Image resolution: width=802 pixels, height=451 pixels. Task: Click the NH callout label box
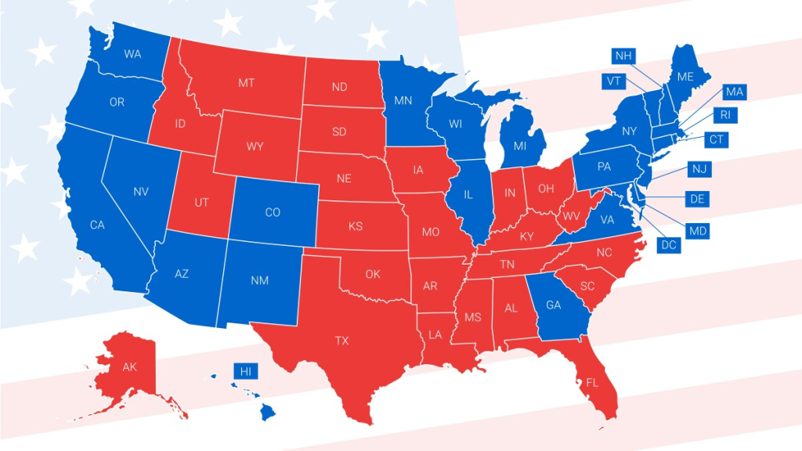(623, 56)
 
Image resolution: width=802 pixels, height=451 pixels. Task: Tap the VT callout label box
(613, 81)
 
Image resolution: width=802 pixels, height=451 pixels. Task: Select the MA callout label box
(734, 92)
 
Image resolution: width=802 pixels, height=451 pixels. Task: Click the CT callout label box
(716, 140)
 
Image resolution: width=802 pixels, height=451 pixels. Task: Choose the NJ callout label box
(699, 169)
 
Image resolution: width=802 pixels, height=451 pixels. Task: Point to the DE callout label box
(697, 199)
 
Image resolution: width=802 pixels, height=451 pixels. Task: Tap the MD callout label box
(697, 230)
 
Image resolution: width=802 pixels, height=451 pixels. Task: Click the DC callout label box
(668, 245)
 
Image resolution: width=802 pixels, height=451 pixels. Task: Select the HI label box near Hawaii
(245, 371)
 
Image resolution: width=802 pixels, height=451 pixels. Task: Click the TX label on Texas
(342, 341)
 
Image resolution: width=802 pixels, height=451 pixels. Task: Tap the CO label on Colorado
(273, 212)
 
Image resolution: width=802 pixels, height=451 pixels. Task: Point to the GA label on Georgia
(553, 305)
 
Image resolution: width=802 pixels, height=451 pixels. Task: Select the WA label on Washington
(132, 55)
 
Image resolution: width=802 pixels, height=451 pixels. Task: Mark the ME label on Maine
(685, 77)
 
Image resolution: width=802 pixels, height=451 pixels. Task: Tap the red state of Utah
(201, 203)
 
